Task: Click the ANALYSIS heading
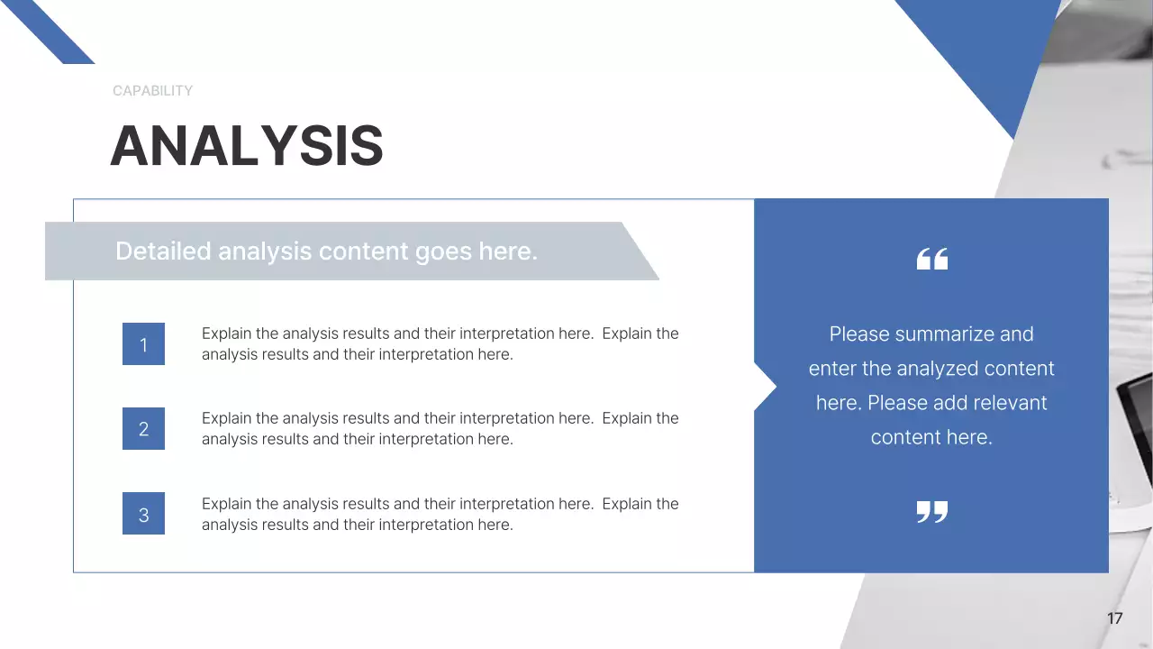coord(246,146)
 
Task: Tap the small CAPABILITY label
coord(152,91)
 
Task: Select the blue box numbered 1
coord(143,344)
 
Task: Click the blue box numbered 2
coord(143,429)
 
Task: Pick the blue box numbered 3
coord(143,515)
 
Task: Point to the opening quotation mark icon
coord(931,260)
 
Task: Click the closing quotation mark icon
coord(931,512)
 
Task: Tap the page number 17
coord(1114,618)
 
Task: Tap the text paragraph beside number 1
coord(440,343)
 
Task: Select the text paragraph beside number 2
coord(440,428)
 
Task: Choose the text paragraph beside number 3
coord(440,514)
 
